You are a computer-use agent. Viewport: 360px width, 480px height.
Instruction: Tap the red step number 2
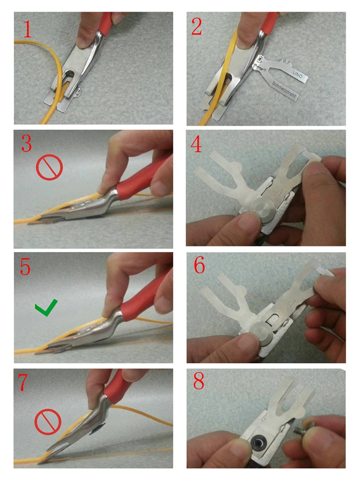pyautogui.click(x=197, y=27)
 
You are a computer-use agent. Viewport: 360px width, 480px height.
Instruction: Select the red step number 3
pyautogui.click(x=27, y=145)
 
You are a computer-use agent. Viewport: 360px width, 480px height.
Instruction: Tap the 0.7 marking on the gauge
pyautogui.click(x=287, y=61)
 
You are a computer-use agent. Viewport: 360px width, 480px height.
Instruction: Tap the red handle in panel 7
pyautogui.click(x=112, y=388)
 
